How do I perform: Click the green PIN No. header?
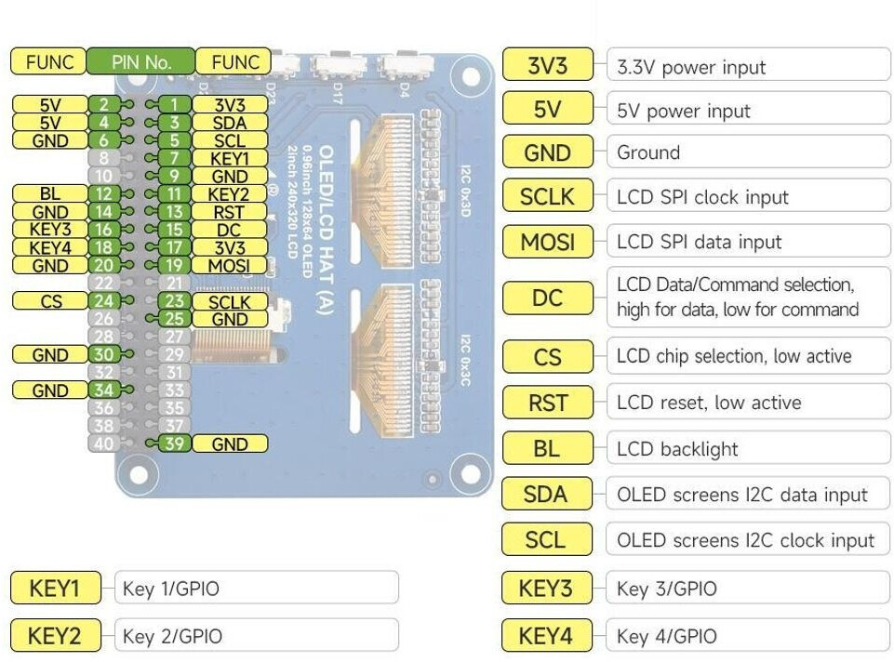click(141, 62)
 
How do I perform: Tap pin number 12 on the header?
click(103, 193)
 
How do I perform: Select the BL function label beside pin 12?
click(49, 193)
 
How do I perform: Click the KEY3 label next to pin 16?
click(49, 229)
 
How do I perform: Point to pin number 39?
click(174, 444)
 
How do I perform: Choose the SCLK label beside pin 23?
click(229, 301)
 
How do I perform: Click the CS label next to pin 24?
click(50, 301)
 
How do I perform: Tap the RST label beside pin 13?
click(229, 211)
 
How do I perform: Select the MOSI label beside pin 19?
click(229, 266)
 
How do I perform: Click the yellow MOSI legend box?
click(547, 242)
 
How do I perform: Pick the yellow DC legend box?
click(547, 298)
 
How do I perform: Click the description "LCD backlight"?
click(677, 449)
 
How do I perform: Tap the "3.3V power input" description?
click(691, 67)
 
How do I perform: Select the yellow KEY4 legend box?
click(546, 636)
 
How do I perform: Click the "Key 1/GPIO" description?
click(171, 589)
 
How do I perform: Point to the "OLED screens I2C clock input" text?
click(745, 540)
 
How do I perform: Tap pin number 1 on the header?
click(174, 104)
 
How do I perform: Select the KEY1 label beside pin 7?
click(229, 158)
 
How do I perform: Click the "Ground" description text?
click(648, 152)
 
